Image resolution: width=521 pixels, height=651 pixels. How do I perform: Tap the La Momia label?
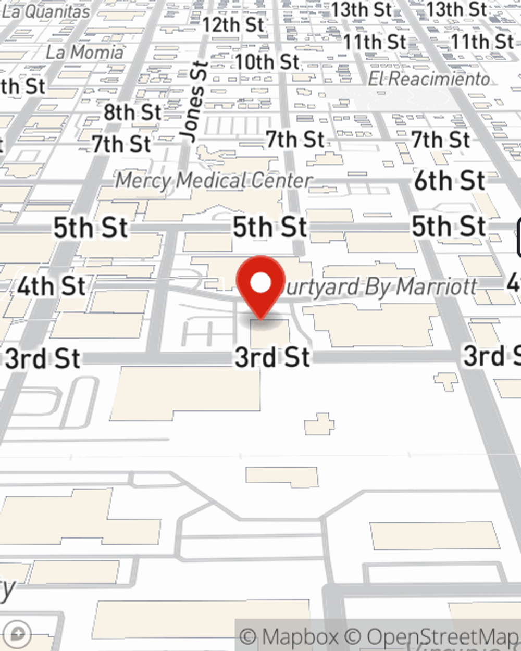(x=84, y=52)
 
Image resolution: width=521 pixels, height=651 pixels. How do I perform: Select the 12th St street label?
(x=233, y=24)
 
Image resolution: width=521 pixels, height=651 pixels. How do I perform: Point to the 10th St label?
(x=267, y=62)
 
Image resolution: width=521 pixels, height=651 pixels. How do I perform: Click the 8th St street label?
(x=132, y=112)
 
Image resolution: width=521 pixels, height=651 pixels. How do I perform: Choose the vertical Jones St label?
(x=193, y=102)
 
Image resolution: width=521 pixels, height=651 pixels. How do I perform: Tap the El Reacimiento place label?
(x=429, y=79)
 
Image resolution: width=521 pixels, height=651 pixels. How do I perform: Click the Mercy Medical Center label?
(x=213, y=181)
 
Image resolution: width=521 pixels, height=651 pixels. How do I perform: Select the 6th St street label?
(x=450, y=181)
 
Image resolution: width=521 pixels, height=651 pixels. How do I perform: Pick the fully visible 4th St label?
(x=51, y=286)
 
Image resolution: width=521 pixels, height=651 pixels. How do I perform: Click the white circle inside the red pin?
(x=260, y=283)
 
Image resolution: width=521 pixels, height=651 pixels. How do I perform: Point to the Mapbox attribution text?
(x=289, y=636)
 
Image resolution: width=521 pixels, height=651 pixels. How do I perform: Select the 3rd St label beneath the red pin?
(x=272, y=357)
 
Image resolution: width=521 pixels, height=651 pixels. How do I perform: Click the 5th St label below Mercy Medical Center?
(x=269, y=228)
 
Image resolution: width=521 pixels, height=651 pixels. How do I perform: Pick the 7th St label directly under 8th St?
(x=121, y=144)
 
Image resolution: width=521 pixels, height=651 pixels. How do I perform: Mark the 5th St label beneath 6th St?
(x=449, y=227)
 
